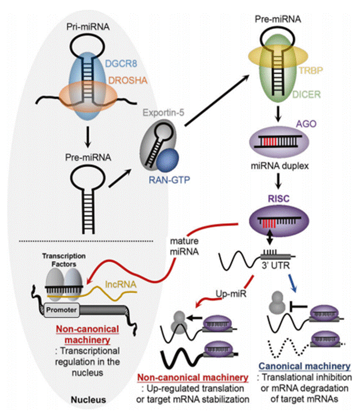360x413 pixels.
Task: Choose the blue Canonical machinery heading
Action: [304, 366]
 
